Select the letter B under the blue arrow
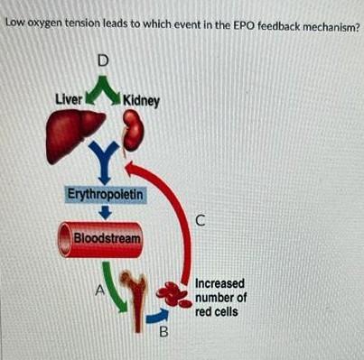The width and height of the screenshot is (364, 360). pyautogui.click(x=163, y=330)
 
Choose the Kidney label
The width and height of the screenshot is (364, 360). pyautogui.click(x=140, y=99)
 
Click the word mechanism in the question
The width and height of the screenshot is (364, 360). pyautogui.click(x=317, y=25)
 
